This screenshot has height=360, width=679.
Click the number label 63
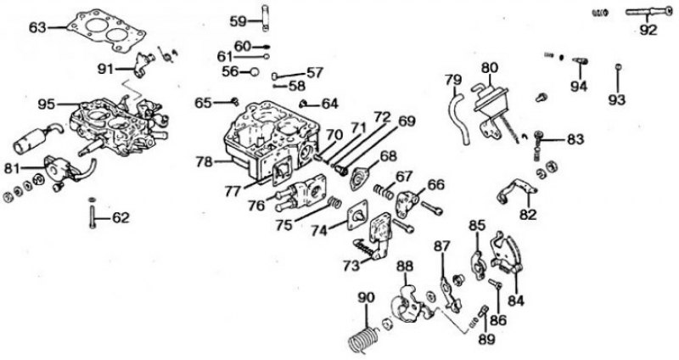[37, 27]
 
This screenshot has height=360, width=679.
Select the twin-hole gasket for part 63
[105, 31]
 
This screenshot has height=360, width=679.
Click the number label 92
[648, 30]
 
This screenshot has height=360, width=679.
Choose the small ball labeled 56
[254, 72]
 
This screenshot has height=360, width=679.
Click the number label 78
[204, 162]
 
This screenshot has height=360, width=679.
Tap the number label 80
[490, 68]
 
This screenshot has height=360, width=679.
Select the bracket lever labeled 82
[517, 190]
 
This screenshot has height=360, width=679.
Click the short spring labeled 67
[384, 191]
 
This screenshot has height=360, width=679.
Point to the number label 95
[47, 104]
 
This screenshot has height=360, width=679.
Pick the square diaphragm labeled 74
[357, 215]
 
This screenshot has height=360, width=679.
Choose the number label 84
[516, 301]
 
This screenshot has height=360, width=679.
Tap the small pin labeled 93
[619, 77]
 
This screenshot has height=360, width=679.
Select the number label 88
[406, 266]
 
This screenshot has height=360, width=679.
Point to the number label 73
[351, 265]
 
